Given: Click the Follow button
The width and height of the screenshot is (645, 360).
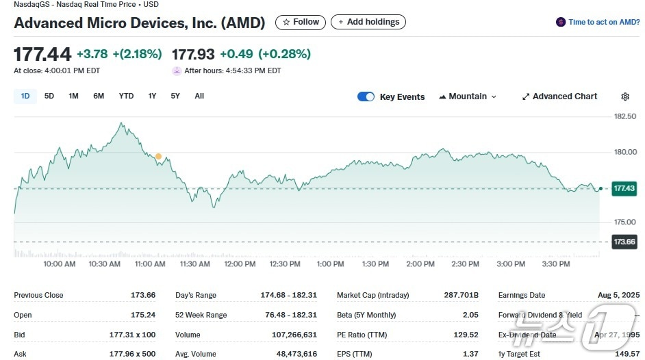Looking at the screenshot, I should click(301, 23).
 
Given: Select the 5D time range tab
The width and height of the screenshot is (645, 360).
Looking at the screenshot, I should click(49, 97).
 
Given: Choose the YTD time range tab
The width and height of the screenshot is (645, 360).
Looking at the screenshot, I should click(126, 97).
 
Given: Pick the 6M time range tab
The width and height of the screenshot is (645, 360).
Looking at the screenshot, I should click(99, 97).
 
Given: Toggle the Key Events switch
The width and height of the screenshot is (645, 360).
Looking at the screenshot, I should click(366, 97).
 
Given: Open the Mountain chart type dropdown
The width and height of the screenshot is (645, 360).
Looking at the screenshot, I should click(468, 97).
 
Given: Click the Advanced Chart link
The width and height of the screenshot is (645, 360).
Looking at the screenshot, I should click(559, 97).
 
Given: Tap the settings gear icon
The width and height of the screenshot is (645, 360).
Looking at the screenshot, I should click(624, 97).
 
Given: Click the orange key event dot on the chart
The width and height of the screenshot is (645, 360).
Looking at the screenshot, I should click(158, 157).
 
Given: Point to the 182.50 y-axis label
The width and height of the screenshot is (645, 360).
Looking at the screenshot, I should click(625, 116).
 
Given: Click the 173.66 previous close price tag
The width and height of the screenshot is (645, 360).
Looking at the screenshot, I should click(624, 242).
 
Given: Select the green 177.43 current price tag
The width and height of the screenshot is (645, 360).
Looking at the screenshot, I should click(624, 188).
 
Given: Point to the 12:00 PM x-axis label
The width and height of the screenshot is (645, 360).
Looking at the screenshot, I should click(240, 264).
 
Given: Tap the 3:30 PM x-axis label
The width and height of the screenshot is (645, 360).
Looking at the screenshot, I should click(555, 264).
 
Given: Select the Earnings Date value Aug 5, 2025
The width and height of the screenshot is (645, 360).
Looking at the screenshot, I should click(618, 296).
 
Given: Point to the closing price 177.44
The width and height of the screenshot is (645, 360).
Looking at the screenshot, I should click(42, 54).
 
